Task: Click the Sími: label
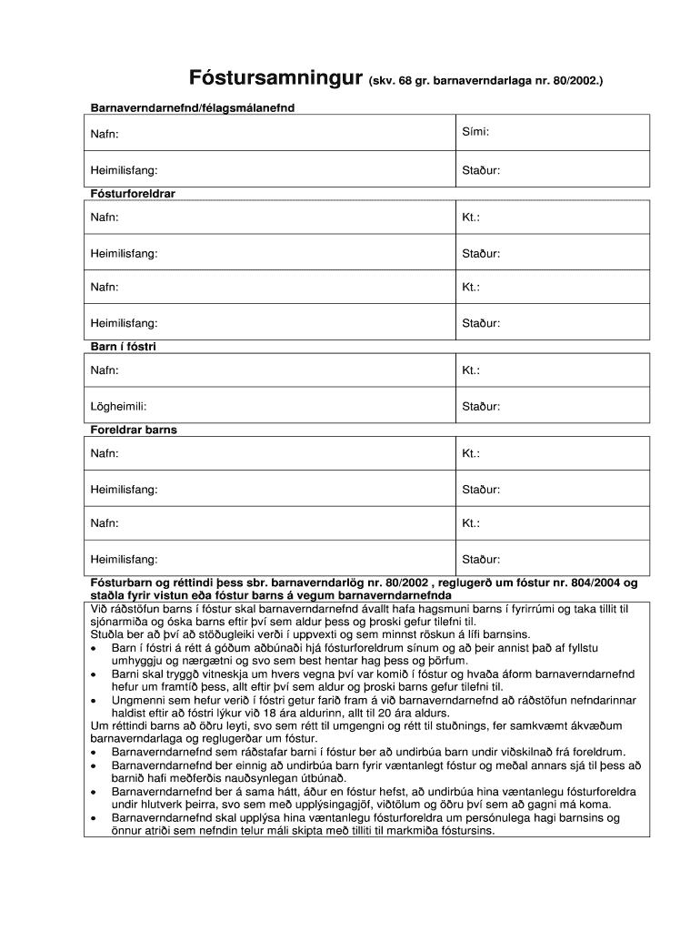coord(475,132)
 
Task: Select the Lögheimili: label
coord(118,405)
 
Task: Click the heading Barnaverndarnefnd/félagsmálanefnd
coord(192,107)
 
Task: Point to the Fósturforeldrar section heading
coord(133,194)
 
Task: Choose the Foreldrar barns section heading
coord(134,429)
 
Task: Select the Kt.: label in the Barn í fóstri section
coord(471,370)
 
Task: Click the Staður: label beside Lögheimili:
coord(481,405)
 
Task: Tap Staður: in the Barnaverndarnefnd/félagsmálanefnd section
coord(481,169)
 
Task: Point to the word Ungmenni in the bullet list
coord(138,700)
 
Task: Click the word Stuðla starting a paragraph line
coord(107,634)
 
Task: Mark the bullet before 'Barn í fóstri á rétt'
coord(94,648)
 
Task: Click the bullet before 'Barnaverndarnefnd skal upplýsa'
coord(94,818)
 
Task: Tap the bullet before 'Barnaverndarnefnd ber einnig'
coord(94,766)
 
